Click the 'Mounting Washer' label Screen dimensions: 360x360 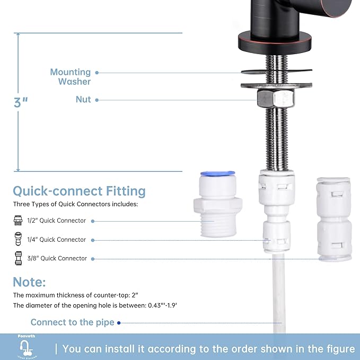click(x=70, y=77)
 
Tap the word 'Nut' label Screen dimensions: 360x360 click(x=83, y=100)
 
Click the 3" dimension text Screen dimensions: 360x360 click(x=21, y=102)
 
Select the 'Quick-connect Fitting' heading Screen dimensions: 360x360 click(x=79, y=191)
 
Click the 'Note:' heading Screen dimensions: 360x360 click(x=29, y=282)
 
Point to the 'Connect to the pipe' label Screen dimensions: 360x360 click(x=73, y=322)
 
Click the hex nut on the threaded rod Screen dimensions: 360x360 click(x=275, y=99)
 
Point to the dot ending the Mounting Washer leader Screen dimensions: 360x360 click(x=97, y=73)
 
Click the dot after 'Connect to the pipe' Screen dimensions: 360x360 click(x=119, y=322)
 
